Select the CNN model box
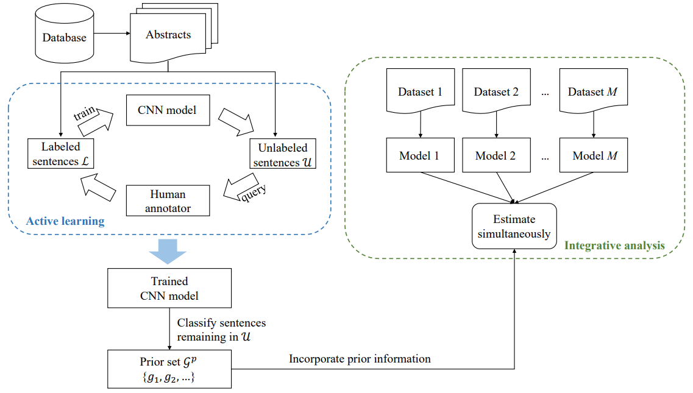click(168, 110)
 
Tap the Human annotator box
click(168, 201)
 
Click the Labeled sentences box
click(60, 154)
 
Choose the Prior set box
click(169, 369)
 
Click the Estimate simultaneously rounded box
click(514, 226)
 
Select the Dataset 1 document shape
click(420, 91)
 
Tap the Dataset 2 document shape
click(496, 91)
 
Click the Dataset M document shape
click(592, 91)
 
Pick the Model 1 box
click(419, 155)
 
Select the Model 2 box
click(496, 155)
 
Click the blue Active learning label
click(65, 221)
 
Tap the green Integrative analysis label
click(614, 246)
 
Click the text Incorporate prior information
click(360, 359)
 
